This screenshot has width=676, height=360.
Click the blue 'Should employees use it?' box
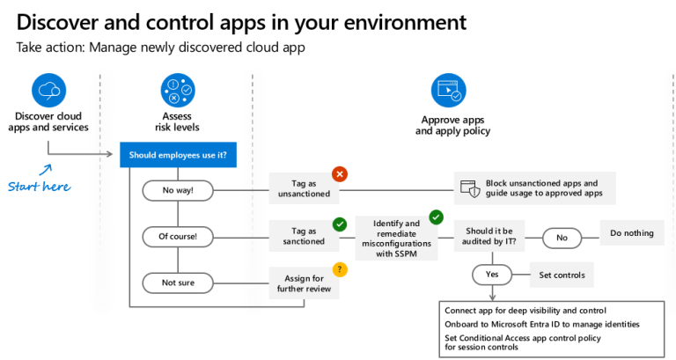(x=178, y=155)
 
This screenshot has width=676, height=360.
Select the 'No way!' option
(x=179, y=188)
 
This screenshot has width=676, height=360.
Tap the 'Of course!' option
(x=179, y=236)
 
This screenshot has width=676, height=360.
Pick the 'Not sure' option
(x=179, y=283)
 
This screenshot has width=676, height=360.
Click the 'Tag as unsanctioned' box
(x=303, y=188)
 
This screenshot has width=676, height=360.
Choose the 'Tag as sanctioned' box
(x=303, y=235)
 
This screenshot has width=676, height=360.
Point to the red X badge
(x=339, y=174)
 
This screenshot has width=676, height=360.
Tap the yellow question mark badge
(x=339, y=268)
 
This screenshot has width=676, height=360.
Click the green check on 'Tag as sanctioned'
(x=339, y=223)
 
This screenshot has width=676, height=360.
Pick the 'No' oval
(x=562, y=236)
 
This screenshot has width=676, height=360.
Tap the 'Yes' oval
(x=492, y=275)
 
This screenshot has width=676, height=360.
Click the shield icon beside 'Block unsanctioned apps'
(x=470, y=188)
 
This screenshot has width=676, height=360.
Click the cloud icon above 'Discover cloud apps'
(x=48, y=90)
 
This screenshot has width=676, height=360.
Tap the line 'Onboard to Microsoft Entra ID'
(x=541, y=324)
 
